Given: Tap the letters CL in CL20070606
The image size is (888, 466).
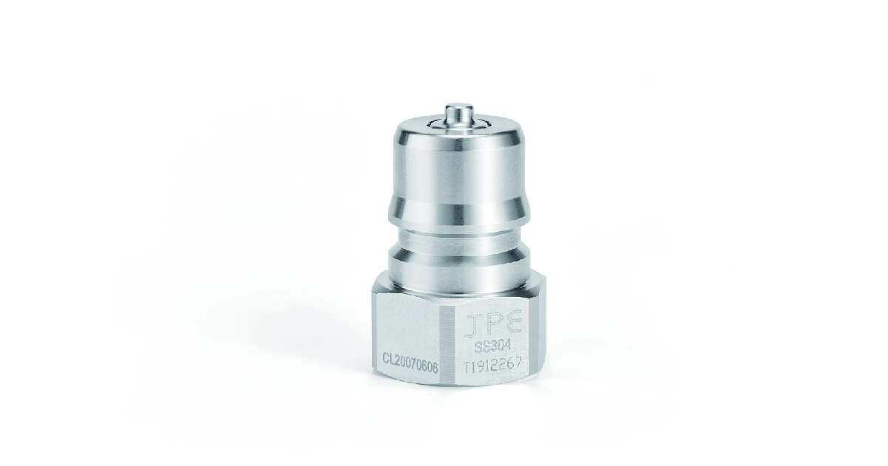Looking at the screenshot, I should click(x=387, y=357).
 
